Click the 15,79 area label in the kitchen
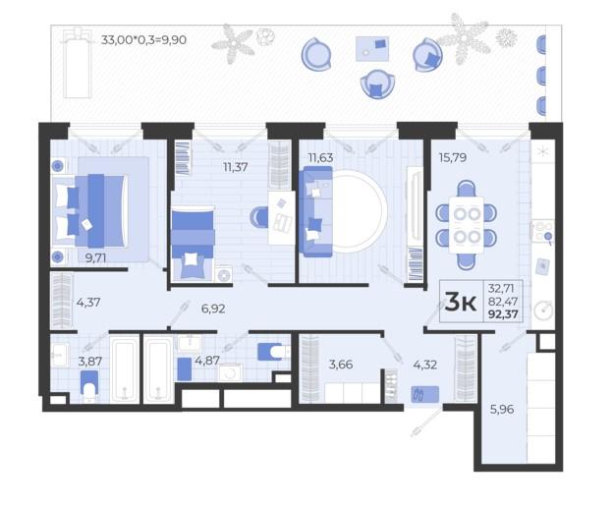pos(453,158)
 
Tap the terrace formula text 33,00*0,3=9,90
pos(143,40)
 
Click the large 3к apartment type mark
pos(461,302)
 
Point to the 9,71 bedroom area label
pos(96,258)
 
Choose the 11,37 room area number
pos(236,167)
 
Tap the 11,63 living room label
pos(320,158)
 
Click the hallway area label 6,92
pos(213,309)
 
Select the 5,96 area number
pos(502,410)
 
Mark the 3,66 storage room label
pos(341,365)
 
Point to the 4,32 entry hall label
pos(425,365)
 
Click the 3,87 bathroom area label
pos(90,362)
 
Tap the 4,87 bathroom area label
pos(207,361)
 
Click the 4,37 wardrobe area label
pos(88,303)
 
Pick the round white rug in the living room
pos(357,211)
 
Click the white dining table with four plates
pos(467,225)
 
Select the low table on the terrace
pos(372,49)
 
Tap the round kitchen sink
pos(543,310)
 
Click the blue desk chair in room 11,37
pos(258,217)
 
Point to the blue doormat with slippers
pos(425,394)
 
